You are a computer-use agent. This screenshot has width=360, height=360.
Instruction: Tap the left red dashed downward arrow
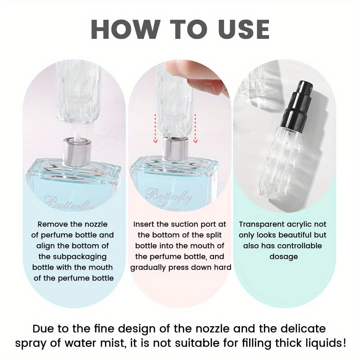[155, 128]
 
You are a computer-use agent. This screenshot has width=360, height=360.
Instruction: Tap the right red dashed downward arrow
[195, 128]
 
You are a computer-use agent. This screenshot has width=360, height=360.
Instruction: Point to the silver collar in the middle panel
[176, 149]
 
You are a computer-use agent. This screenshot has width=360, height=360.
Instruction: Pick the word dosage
[283, 257]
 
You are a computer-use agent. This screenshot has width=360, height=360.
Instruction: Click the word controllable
[300, 246]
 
